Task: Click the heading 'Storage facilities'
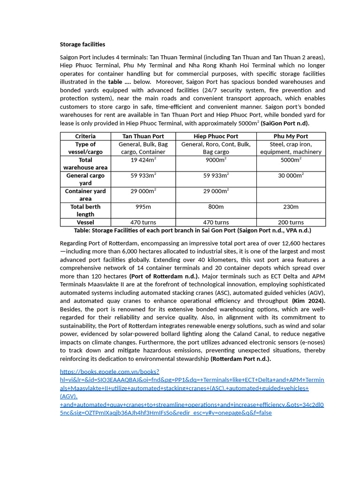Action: (82, 45)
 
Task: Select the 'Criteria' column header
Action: (85, 136)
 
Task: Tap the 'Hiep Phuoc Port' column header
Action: (216, 136)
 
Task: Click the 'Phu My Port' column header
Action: (291, 136)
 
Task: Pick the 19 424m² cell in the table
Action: (143, 160)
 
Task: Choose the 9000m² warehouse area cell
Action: (216, 160)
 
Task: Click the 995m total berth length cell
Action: (143, 207)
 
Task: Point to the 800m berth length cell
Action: (216, 207)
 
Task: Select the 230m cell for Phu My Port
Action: (291, 207)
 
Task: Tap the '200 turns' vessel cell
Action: (291, 222)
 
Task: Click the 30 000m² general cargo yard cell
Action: (291, 175)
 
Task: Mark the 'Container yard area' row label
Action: (85, 195)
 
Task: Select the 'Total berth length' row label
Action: (85, 210)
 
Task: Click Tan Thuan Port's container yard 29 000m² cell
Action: (143, 191)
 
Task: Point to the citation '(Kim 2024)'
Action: (308, 301)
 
